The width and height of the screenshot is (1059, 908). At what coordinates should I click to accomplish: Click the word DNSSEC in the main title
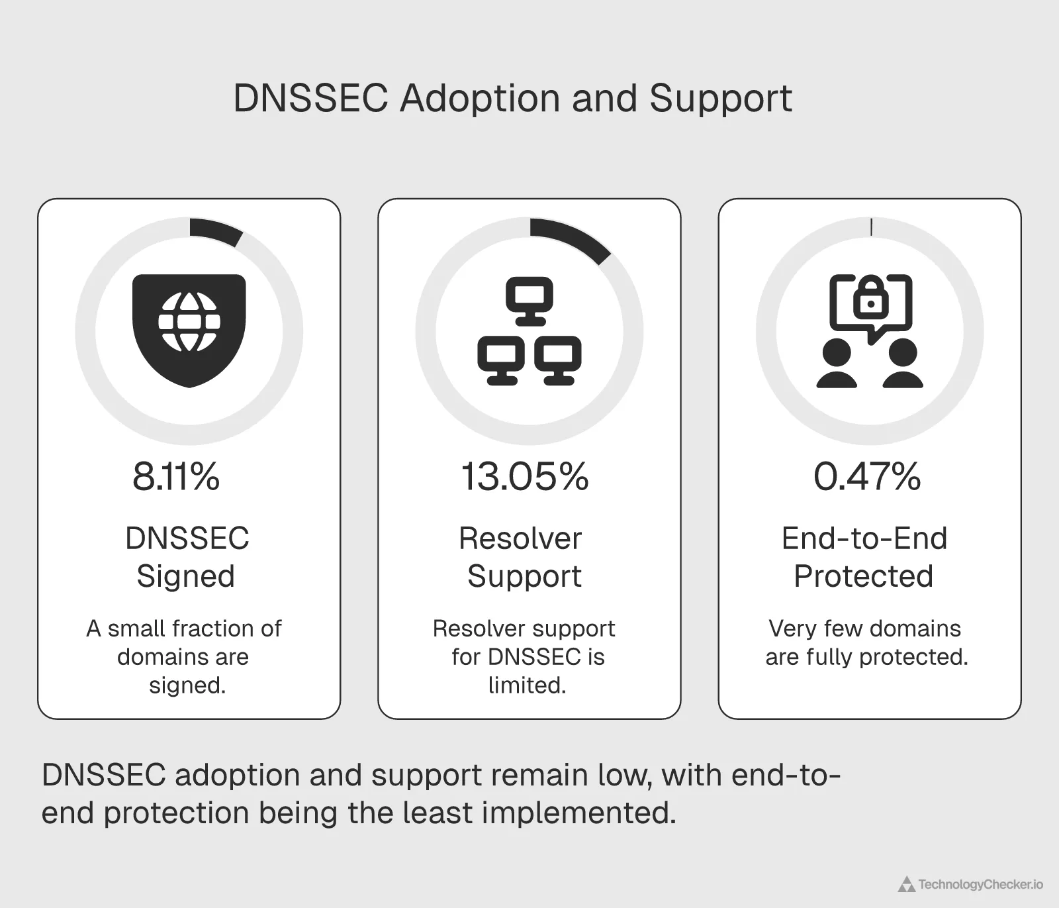(x=310, y=99)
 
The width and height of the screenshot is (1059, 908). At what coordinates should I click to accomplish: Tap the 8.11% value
(x=176, y=476)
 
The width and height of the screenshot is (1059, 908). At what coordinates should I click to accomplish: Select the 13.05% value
(x=524, y=476)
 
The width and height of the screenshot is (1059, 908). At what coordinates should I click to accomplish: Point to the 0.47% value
(x=867, y=476)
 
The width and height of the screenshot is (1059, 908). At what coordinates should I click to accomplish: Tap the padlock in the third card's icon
(x=871, y=299)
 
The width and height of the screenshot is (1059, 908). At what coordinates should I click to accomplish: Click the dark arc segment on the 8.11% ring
(x=216, y=232)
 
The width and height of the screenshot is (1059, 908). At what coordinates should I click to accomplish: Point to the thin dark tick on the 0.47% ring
(x=871, y=227)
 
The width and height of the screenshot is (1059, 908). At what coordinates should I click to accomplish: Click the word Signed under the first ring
(x=186, y=576)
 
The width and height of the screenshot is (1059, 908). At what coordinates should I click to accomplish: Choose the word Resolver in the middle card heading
(x=520, y=538)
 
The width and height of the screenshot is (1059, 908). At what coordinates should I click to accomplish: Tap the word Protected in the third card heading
(x=864, y=576)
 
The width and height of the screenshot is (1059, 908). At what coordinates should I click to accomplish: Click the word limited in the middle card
(x=527, y=685)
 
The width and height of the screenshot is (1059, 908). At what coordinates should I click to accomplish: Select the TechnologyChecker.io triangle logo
(x=906, y=884)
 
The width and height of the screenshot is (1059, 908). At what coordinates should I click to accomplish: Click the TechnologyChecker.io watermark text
(x=980, y=884)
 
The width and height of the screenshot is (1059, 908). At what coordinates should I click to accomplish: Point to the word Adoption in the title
(x=480, y=99)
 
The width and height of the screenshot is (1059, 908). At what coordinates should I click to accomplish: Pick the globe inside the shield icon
(x=189, y=322)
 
